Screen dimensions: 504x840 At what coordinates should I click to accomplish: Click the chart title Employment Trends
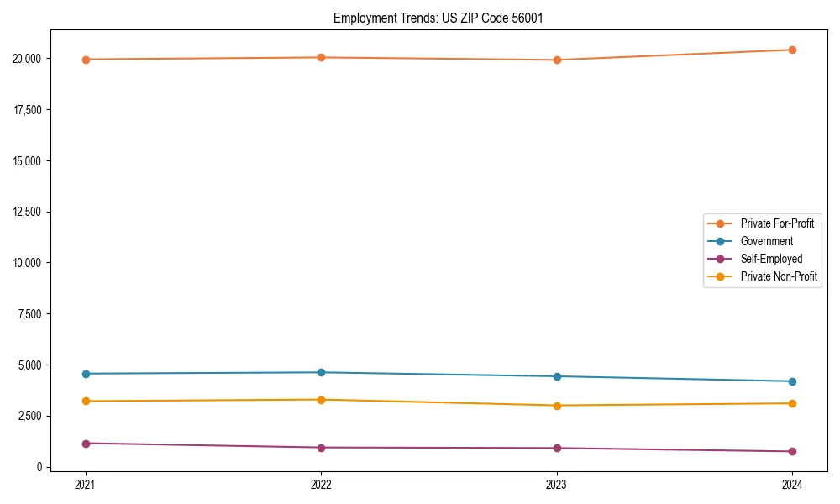tap(433, 18)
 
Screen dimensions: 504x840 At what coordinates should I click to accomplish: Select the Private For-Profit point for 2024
tap(792, 50)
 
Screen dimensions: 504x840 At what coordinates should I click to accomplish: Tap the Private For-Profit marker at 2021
tap(86, 60)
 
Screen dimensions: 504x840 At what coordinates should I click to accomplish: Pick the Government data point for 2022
tap(321, 372)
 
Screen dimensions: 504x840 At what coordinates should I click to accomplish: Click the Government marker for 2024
tap(792, 381)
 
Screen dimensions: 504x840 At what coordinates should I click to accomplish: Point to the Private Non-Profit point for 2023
tap(557, 406)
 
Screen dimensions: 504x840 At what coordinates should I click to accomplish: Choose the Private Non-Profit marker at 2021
tap(86, 401)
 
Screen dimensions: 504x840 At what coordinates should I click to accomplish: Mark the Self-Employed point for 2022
tap(321, 448)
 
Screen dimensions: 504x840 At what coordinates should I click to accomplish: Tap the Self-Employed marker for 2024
tap(792, 451)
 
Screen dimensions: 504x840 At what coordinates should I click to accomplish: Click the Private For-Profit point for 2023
tap(557, 60)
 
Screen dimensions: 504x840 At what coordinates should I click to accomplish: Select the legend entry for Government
tap(766, 241)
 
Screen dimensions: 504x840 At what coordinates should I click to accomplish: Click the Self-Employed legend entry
tap(771, 259)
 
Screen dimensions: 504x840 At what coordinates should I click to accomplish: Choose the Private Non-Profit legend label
tap(779, 276)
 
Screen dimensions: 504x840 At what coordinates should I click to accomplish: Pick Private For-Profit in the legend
tap(776, 223)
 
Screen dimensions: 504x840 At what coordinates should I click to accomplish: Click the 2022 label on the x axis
tap(321, 484)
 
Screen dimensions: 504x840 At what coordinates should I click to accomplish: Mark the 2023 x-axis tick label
tap(557, 484)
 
